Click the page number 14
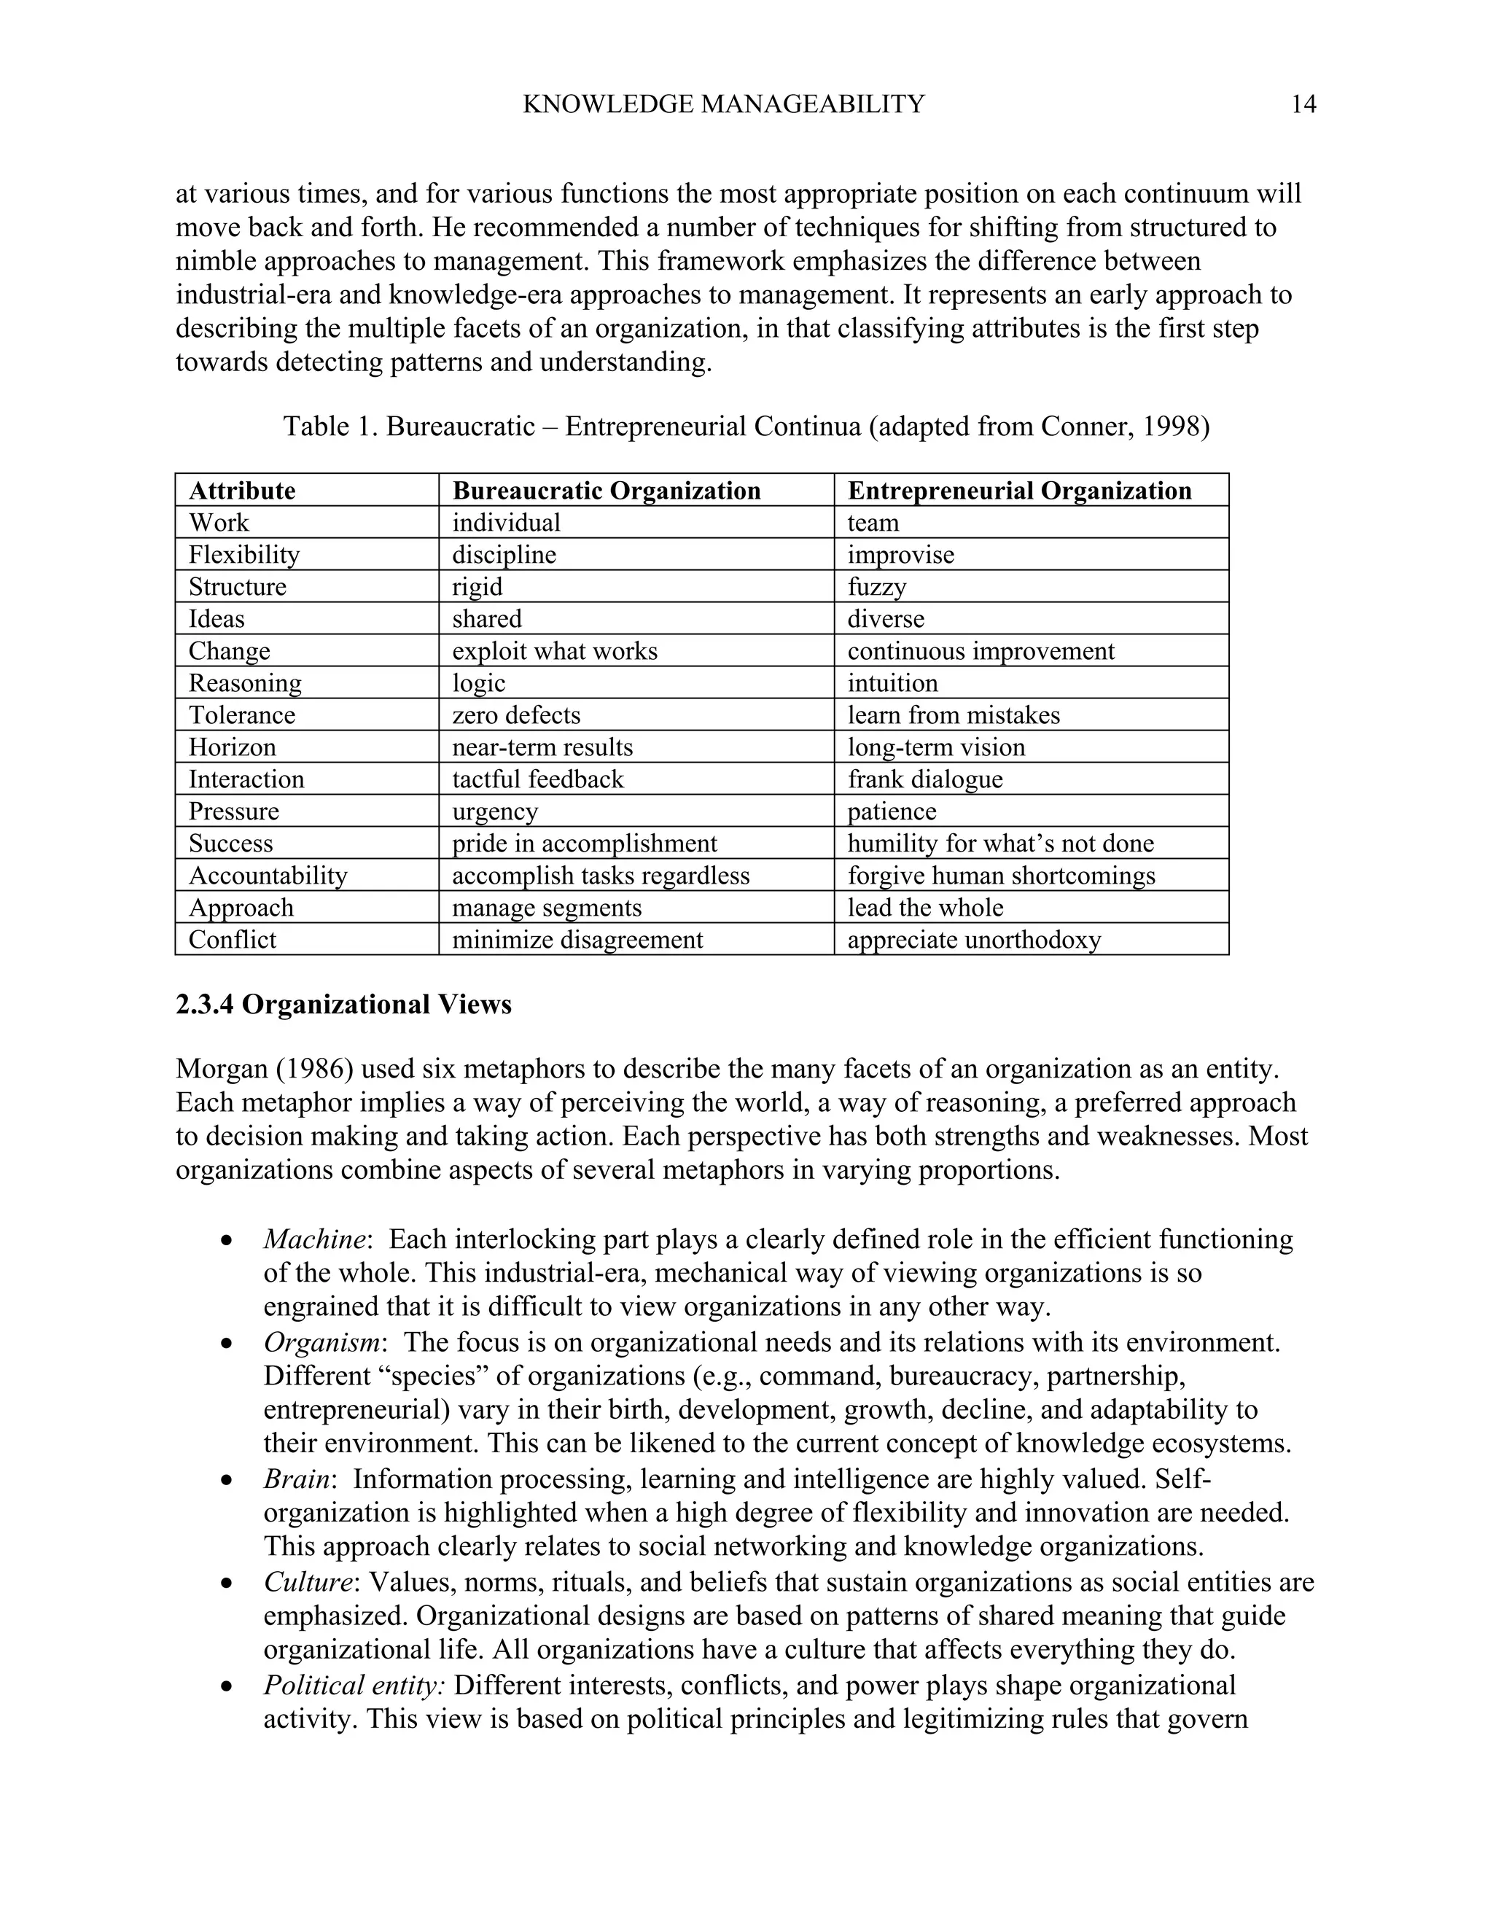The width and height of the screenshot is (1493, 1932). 1303,104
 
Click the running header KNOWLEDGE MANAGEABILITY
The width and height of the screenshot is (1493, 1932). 722,104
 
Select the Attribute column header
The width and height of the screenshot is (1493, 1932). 241,491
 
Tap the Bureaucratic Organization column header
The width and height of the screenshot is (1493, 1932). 606,491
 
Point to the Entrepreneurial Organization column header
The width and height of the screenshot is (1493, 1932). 1019,491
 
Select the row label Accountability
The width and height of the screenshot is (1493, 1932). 267,876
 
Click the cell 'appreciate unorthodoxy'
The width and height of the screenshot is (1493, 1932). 974,940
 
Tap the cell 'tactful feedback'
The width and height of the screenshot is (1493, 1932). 538,779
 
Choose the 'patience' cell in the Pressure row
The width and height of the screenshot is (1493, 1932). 892,811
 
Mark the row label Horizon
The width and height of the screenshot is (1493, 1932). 232,747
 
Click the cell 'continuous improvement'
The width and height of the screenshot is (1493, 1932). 980,651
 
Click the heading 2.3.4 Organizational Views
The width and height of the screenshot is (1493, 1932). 343,1005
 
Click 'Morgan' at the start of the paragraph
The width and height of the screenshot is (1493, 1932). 221,1070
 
